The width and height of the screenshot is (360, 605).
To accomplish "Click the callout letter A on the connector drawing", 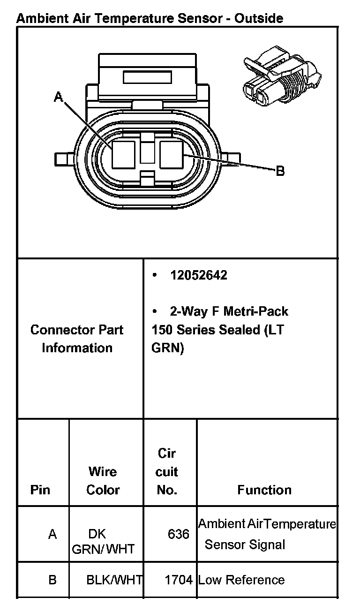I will coord(58,97).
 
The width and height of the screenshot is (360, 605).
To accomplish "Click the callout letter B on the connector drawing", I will coord(280,171).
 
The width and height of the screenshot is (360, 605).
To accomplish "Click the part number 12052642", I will coord(199,275).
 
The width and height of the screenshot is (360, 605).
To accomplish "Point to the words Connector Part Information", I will coord(77,339).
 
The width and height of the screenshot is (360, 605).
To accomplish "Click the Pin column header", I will coord(40,490).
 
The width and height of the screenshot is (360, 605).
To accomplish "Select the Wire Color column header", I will coord(103,481).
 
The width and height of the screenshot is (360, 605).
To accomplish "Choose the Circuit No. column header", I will coord(167,472).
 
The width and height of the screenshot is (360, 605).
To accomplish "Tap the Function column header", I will coord(264,490).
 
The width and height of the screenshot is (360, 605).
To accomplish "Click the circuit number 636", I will coord(178,534).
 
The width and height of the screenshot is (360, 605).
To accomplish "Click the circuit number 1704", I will coord(179,580).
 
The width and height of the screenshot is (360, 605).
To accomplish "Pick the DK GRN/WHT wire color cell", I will coord(103,541).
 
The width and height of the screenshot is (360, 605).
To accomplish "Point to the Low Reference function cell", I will coord(241,580).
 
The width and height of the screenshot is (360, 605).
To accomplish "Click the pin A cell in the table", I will coord(52,534).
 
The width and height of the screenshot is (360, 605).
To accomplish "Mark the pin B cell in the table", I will coord(52,580).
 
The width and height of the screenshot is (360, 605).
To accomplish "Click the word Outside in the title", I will coord(259,19).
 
